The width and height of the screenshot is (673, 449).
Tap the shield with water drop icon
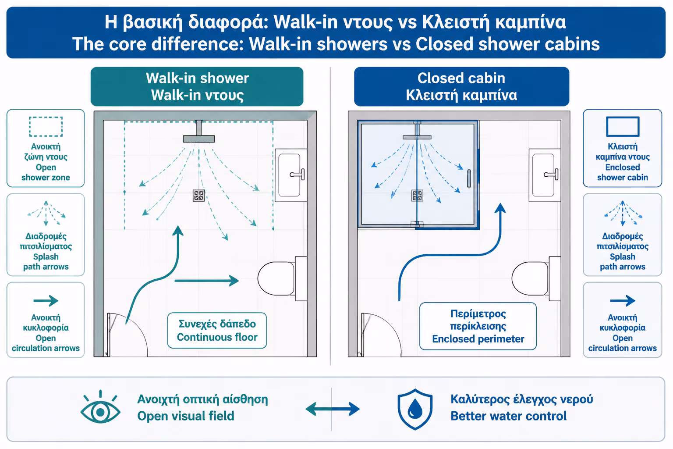pos(415,409)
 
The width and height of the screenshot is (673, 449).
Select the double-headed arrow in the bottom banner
pos(333,409)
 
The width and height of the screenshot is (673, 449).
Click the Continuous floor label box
pos(217,331)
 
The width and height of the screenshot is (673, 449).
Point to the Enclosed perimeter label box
pos(478,326)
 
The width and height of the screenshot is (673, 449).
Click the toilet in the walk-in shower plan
pos(282,278)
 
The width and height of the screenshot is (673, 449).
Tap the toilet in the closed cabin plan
pos(536,278)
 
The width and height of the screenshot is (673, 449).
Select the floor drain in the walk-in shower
pos(198,196)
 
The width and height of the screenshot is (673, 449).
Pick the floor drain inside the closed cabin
pos(417,196)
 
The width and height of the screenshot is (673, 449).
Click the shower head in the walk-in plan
pos(199,139)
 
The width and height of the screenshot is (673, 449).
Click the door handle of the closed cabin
pos(469,178)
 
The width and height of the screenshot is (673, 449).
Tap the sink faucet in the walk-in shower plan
pos(297,175)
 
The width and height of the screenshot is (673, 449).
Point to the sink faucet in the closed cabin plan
pos(551,175)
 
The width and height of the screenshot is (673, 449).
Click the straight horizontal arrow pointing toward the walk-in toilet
pos(207,281)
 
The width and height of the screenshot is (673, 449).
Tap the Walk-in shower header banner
pos(197,87)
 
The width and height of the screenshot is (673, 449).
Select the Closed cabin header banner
pos(461,87)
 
